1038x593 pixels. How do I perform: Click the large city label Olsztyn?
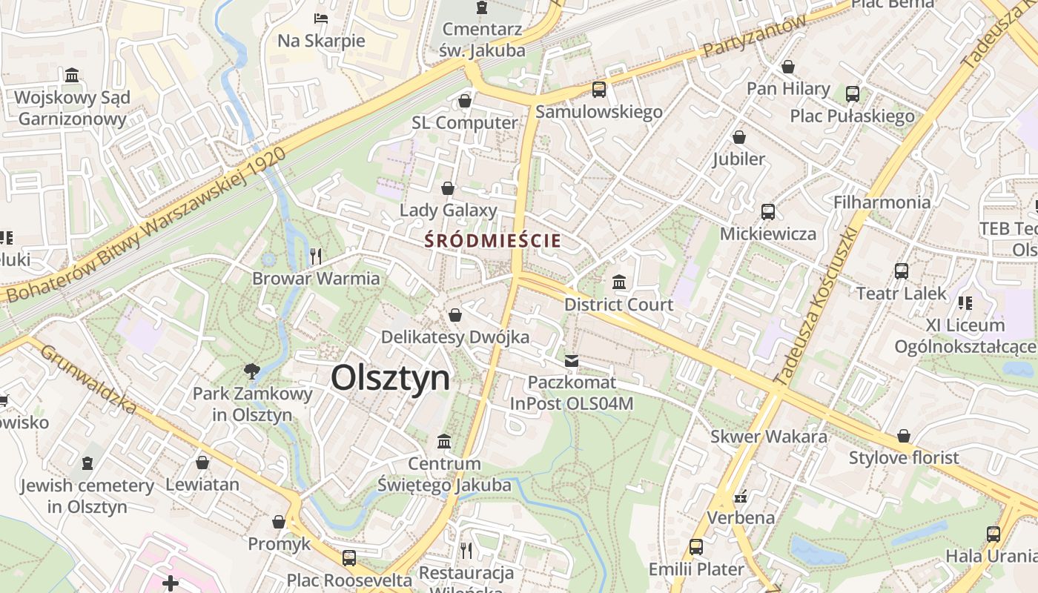pyautogui.click(x=390, y=378)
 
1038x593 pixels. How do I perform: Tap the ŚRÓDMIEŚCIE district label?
pyautogui.click(x=493, y=240)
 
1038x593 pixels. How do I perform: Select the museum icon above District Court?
pyautogui.click(x=619, y=282)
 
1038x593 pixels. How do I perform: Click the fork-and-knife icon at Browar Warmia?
pyautogui.click(x=316, y=256)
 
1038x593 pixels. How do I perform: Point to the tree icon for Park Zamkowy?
pyautogui.click(x=252, y=371)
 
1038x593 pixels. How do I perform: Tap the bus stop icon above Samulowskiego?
pyautogui.click(x=599, y=90)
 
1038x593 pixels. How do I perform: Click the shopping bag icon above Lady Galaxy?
pyautogui.click(x=448, y=188)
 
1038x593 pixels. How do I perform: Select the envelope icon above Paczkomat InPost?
pyautogui.click(x=572, y=361)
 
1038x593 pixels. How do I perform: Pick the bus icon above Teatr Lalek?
pyautogui.click(x=902, y=271)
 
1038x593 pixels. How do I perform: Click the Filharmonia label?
pyautogui.click(x=882, y=202)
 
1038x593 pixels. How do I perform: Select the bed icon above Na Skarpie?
pyautogui.click(x=321, y=18)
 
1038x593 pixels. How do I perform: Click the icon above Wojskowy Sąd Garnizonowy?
pyautogui.click(x=73, y=75)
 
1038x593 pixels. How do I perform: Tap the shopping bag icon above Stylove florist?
pyautogui.click(x=904, y=436)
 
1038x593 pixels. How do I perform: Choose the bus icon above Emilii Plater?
pyautogui.click(x=696, y=547)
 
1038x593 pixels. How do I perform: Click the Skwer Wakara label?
pyautogui.click(x=769, y=436)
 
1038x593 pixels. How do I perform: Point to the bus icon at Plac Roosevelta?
pyautogui.click(x=349, y=557)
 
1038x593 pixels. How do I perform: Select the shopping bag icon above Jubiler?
pyautogui.click(x=739, y=137)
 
